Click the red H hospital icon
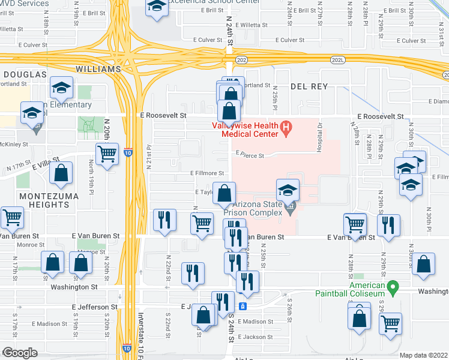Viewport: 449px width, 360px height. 286,127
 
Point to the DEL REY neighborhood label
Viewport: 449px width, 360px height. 309,86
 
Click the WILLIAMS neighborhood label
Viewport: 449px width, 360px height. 98,69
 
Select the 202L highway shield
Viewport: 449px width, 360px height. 338,60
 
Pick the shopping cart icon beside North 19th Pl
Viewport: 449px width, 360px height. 107,154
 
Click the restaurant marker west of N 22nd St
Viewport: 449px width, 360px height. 164,220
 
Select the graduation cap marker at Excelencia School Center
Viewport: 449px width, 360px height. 157,7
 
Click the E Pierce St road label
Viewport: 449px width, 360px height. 255,154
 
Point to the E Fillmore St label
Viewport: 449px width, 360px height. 207,173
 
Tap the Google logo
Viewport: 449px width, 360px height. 20,352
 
